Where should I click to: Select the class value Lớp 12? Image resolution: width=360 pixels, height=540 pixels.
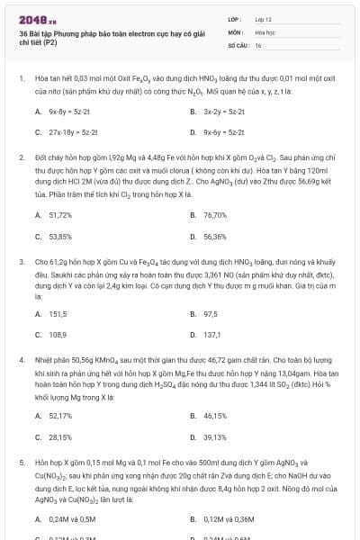click(263, 19)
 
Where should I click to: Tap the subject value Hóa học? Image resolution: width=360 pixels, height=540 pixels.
click(265, 31)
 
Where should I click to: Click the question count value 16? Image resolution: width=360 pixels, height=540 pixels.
click(258, 44)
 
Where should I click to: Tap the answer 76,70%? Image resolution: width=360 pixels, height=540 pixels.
click(214, 215)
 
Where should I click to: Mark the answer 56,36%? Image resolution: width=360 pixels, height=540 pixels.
click(214, 237)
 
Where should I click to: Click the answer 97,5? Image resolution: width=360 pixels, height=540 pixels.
click(211, 313)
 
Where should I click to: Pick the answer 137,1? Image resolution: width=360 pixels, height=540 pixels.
click(211, 334)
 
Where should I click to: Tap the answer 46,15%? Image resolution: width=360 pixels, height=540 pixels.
click(214, 416)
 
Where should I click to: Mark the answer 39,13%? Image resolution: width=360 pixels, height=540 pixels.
click(214, 436)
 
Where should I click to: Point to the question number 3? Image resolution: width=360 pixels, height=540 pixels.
click(21, 262)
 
